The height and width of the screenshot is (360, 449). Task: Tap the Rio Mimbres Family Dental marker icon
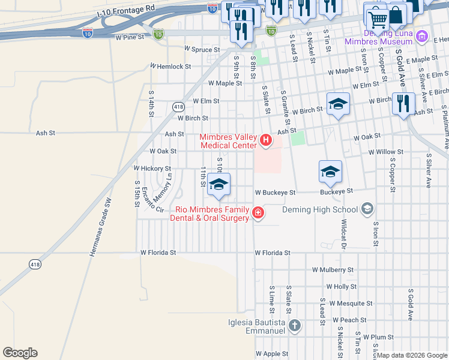(258, 213)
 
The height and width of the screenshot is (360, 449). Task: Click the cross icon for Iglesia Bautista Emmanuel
(294, 326)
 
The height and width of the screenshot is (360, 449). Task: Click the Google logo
(20, 353)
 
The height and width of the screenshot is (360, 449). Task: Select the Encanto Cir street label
(152, 201)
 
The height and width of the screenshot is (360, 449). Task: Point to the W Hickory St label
(152, 169)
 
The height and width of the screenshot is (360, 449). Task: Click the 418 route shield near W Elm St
(178, 107)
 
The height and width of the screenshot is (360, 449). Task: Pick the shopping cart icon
(377, 19)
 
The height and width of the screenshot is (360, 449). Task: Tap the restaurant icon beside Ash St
(403, 103)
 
